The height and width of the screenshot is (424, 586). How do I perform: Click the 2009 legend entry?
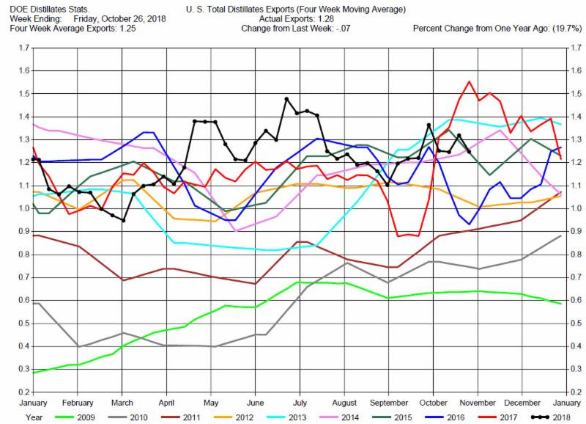[x=75, y=417]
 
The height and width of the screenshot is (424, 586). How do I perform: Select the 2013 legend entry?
[x=286, y=417]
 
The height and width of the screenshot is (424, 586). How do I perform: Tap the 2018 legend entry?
[x=552, y=417]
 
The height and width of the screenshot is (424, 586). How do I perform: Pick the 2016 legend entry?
[x=445, y=417]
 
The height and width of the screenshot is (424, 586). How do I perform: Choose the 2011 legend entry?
[x=181, y=417]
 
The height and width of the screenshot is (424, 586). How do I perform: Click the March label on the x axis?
[x=122, y=403]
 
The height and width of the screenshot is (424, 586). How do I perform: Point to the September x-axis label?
[x=389, y=403]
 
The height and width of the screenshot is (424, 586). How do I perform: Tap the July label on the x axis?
[x=300, y=403]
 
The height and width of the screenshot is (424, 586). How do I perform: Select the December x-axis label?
[x=522, y=403]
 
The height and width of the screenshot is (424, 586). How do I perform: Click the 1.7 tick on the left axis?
[x=23, y=48]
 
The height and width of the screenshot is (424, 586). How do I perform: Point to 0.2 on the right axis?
[x=576, y=392]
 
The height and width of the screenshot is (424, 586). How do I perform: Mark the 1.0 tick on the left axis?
[x=23, y=208]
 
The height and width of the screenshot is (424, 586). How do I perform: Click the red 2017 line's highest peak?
[x=469, y=81]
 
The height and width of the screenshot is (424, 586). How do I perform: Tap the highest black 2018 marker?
[x=286, y=99]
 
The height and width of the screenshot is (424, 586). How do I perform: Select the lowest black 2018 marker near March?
[x=123, y=220]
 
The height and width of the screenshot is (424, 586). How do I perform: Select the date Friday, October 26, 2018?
[x=119, y=19]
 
